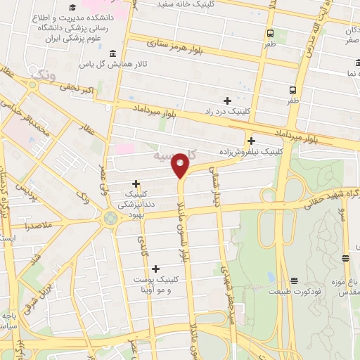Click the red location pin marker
[181, 165]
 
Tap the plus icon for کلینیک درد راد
[226, 101]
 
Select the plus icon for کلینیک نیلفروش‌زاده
[252, 140]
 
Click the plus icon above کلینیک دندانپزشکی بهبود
[136, 183]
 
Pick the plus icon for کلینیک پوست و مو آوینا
[155, 268]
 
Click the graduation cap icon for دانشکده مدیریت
[73, 8]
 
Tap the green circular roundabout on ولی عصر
[110, 217]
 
